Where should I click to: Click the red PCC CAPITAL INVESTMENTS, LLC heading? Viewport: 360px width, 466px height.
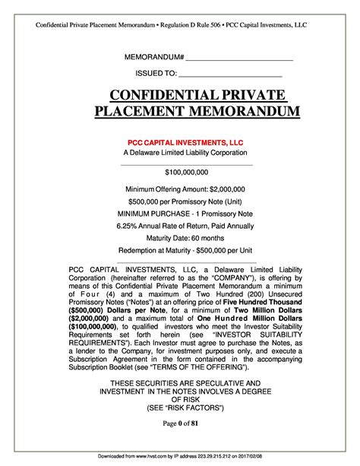point(185,141)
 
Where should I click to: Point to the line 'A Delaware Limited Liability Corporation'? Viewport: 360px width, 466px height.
point(185,153)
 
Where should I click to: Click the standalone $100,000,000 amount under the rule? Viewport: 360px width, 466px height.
point(185,173)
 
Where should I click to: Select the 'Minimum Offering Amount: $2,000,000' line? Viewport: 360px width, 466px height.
point(185,189)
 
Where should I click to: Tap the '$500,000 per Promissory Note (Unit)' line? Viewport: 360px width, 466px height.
point(185,201)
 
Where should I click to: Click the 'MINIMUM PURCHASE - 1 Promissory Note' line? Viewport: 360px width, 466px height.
point(185,214)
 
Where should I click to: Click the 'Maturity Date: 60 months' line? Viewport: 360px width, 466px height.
point(185,239)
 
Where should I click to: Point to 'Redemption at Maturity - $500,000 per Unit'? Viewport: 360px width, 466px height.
point(185,252)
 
